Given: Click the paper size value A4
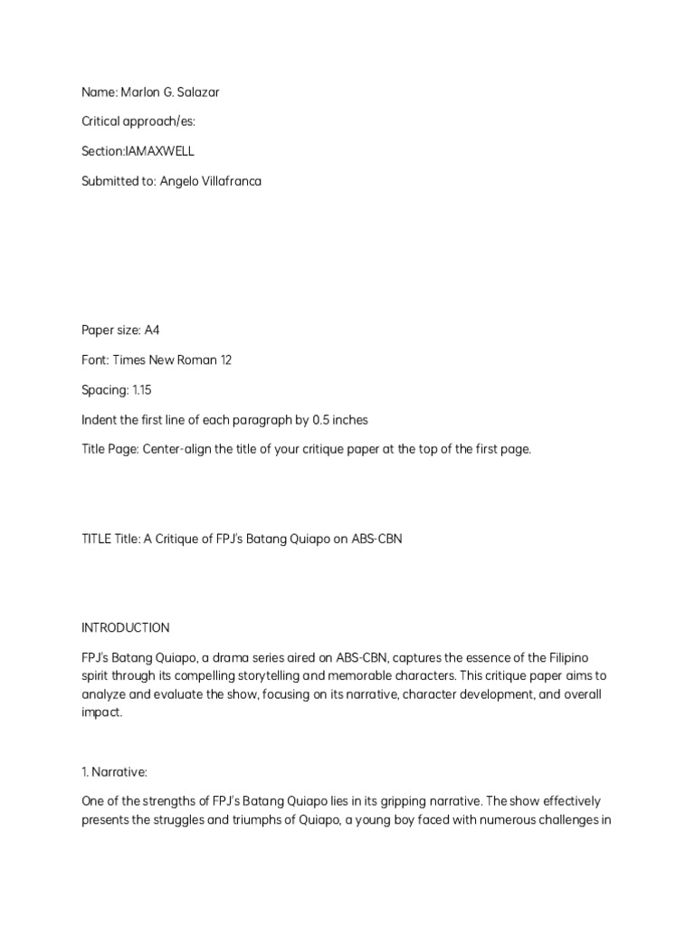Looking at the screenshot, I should [x=151, y=330].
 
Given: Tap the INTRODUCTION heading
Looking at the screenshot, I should [x=125, y=627].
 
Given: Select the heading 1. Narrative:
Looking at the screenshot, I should [x=119, y=771].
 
